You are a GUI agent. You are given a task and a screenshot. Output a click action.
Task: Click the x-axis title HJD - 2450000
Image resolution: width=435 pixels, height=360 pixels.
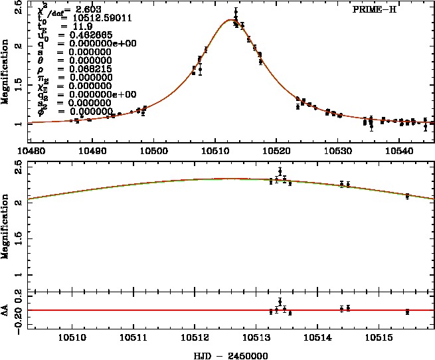click(228, 355)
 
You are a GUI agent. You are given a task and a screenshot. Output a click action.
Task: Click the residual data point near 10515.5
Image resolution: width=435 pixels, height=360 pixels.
click(407, 311)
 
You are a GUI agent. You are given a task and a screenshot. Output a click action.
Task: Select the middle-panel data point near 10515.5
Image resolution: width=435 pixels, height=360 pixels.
click(407, 195)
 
